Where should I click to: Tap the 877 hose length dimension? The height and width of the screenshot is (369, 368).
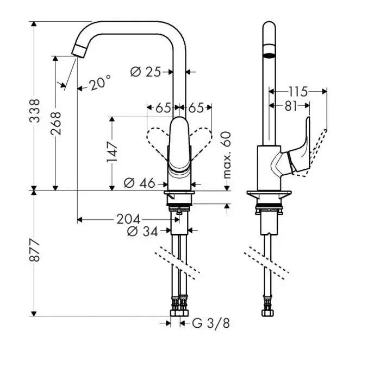click(x=35, y=251)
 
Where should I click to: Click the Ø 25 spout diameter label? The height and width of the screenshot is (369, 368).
click(x=147, y=71)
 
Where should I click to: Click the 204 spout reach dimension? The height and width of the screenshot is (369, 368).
click(x=128, y=219)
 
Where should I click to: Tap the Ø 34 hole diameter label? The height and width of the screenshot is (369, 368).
click(x=142, y=232)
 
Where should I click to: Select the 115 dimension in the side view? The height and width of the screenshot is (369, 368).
click(x=298, y=91)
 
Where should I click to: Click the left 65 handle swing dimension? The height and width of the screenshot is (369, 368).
click(x=163, y=107)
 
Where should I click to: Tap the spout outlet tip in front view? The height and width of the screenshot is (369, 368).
click(x=79, y=52)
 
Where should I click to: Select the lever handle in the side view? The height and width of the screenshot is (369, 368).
click(x=300, y=152)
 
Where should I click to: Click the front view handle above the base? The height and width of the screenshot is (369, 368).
click(x=179, y=147)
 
